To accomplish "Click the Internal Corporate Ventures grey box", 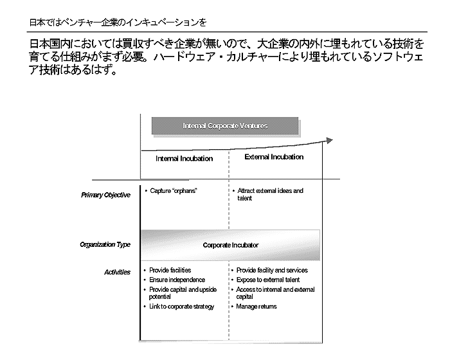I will (225, 126).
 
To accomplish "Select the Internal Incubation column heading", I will (184, 158).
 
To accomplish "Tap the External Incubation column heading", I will (274, 157).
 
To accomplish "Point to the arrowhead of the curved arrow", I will (330, 141).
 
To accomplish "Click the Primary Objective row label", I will (105, 195).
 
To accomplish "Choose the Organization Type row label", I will (105, 244).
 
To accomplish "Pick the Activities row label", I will (117, 272).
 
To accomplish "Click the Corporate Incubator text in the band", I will (231, 245).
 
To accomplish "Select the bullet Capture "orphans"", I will (173, 191).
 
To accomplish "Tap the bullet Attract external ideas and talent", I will (269, 194).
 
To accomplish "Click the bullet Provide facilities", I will (170, 271).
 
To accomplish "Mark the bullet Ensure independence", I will (177, 280).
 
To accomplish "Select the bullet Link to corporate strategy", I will (181, 307).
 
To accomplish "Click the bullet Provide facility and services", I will (272, 271).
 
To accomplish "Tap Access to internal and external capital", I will (275, 293).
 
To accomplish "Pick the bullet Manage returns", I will (256, 307).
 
